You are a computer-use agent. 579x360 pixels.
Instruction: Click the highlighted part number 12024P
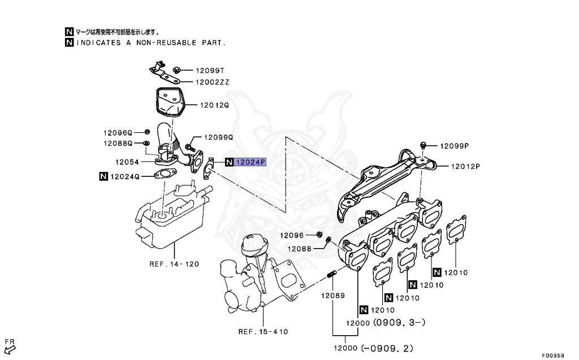[250, 163]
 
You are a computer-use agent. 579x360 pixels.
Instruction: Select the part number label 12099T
[210, 71]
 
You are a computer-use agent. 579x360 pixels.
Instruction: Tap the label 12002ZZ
[212, 82]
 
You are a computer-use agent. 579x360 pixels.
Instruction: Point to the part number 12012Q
[214, 105]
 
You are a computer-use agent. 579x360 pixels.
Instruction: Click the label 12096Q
[117, 133]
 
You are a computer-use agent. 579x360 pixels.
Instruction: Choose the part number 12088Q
[117, 144]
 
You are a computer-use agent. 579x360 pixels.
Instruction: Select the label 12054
[127, 161]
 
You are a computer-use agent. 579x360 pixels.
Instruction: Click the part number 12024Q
[124, 176]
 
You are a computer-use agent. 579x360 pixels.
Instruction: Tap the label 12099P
[455, 146]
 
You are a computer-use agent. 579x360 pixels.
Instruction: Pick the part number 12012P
[465, 166]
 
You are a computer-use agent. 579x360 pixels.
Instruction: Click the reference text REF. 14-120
[174, 264]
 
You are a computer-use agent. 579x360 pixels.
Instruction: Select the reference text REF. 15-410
[263, 332]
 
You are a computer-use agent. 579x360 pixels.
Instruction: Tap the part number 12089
[333, 295]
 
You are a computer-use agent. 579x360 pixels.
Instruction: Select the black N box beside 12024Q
[103, 176]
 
